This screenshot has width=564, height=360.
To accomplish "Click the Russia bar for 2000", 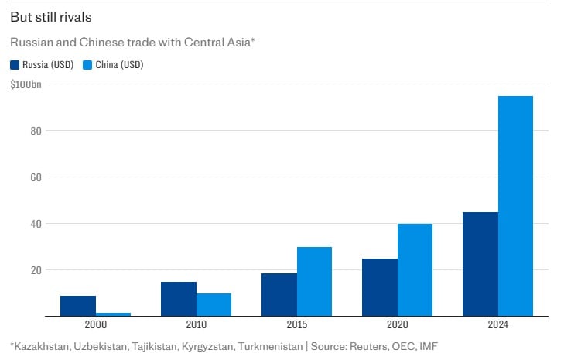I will [78, 306].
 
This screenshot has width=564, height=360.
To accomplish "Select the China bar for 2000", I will [113, 314].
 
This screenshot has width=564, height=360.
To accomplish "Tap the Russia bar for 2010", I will [179, 299].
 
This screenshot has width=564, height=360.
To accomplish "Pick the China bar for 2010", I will [214, 304].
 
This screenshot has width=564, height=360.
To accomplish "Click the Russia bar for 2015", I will [279, 294].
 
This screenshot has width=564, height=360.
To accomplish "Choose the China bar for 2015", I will [314, 281].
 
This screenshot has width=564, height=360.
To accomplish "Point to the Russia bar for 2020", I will [380, 287].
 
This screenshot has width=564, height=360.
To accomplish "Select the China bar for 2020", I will [415, 269].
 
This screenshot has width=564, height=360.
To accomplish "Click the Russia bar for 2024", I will [480, 264].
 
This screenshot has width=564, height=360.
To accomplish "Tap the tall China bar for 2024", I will [515, 206].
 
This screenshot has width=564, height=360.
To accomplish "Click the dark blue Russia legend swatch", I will [15, 65].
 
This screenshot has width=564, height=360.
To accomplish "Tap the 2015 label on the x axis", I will [296, 324].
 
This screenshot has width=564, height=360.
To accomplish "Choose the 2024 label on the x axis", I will [497, 324].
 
